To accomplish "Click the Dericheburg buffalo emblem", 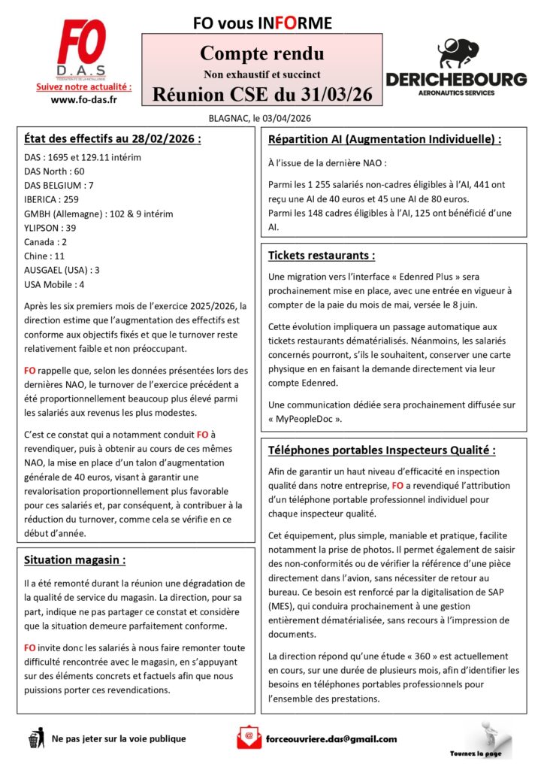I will [x=455, y=53].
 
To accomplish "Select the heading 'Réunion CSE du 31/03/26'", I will [x=262, y=94].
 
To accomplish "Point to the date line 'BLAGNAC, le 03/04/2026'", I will [x=260, y=117].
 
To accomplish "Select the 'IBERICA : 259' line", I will [x=51, y=199].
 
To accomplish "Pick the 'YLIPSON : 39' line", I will [x=50, y=228].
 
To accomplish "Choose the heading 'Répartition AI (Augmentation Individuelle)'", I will [x=384, y=139].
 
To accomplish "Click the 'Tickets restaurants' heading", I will [x=321, y=255].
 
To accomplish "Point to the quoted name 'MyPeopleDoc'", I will [x=312, y=417].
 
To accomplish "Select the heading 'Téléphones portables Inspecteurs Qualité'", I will [x=382, y=450].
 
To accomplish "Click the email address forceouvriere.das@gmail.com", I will [x=331, y=738].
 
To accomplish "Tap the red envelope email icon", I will [x=248, y=737].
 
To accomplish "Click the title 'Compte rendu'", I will [x=262, y=54].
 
